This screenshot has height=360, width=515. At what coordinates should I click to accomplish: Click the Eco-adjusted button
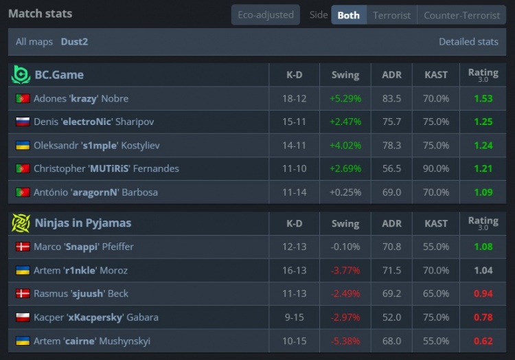pos(265,14)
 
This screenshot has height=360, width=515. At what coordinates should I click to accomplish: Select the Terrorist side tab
pos(391,14)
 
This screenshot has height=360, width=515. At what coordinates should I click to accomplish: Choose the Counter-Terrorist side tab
pos(461,14)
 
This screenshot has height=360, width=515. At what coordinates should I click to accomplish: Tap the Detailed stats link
pos(468,41)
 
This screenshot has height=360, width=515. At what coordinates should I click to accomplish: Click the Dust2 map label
pos(74,41)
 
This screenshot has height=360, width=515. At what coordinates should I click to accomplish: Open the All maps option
pos(35,41)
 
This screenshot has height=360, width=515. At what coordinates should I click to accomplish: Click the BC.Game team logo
pos(21,74)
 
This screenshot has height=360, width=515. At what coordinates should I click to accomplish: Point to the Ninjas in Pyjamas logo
pos(21,223)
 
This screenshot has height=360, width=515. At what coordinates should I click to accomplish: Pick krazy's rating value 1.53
pos(483,98)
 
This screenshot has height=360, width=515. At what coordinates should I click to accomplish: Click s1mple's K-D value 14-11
pos(294,145)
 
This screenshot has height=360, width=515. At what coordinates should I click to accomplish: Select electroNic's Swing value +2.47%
pos(345,122)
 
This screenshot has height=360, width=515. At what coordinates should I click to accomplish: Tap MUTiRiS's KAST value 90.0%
pos(436,168)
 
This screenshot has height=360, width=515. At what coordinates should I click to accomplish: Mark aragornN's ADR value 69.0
pos(391,192)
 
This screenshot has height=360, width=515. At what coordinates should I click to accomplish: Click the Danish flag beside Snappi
pos(23,247)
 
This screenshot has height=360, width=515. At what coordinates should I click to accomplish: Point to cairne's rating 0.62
pos(483,340)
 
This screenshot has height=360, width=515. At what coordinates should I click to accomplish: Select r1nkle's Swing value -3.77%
pos(345,270)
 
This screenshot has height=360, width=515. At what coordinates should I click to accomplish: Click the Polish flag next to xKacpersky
pos(23,317)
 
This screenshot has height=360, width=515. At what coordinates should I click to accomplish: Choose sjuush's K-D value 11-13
pos(294,293)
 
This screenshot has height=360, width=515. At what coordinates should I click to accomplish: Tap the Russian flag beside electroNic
pos(23,122)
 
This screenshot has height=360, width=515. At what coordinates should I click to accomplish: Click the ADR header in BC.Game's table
pos(391,74)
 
